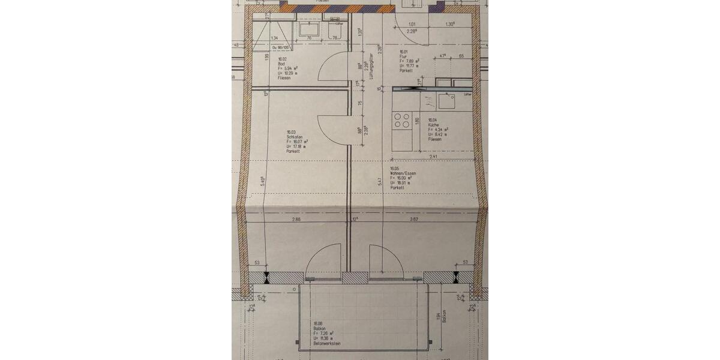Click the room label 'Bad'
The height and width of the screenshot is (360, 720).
[281, 64]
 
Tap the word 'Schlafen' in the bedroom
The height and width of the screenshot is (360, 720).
[293, 137]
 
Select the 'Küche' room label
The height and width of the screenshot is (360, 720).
[434, 125]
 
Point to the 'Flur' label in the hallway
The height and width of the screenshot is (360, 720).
[404, 56]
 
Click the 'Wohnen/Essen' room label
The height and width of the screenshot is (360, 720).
[403, 173]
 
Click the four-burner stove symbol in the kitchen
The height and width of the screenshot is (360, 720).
[401, 121]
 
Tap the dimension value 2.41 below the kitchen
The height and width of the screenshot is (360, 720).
[433, 157]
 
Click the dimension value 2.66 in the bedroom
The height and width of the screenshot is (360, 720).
[296, 220]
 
